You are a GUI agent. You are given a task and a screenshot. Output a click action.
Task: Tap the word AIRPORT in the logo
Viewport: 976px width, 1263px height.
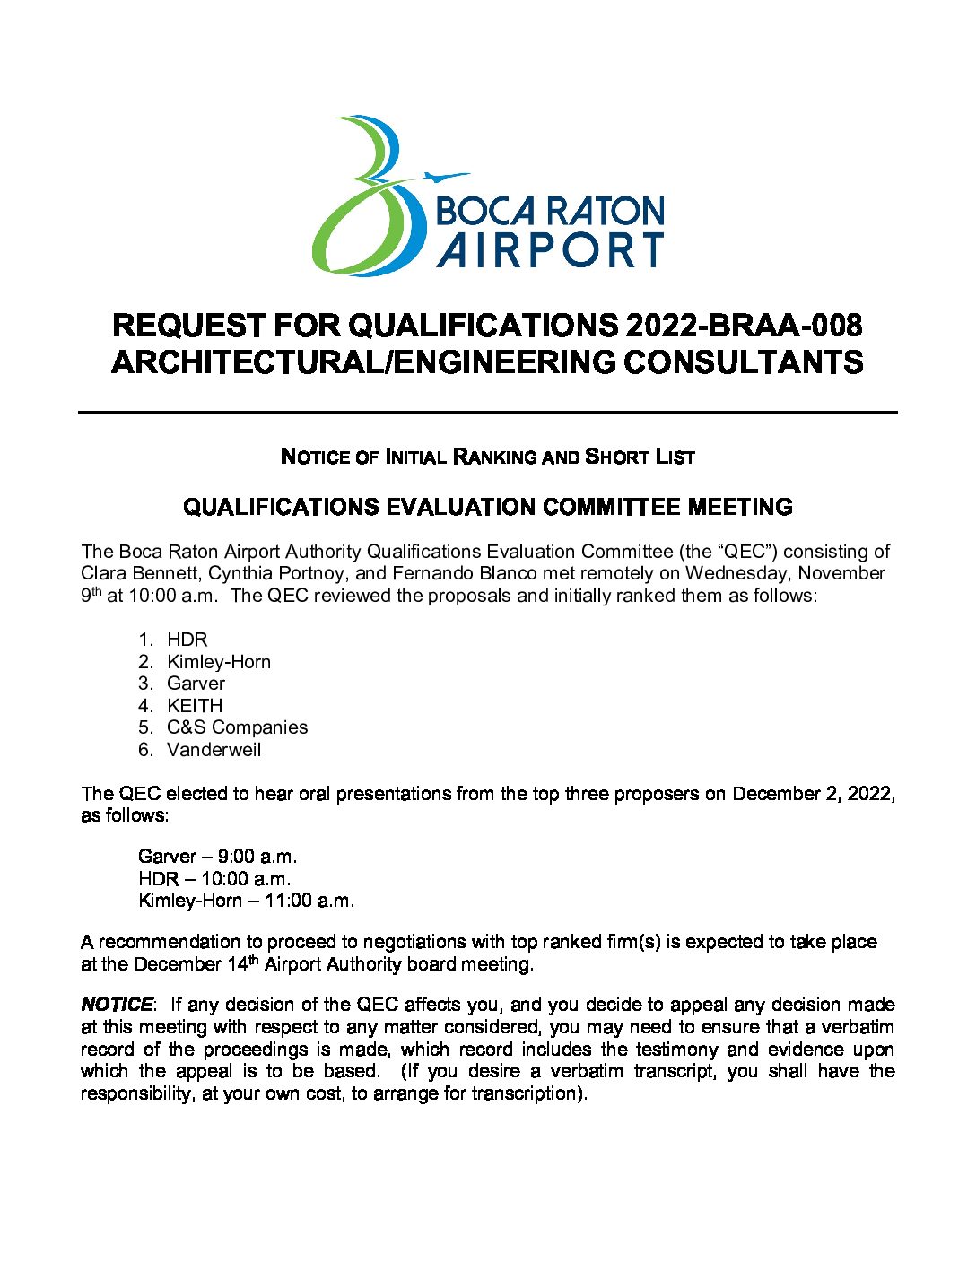tap(551, 249)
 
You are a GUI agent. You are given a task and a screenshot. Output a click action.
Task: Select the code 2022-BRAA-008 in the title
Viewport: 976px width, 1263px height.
tap(744, 326)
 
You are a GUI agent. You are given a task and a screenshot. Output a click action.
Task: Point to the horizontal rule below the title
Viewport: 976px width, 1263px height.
tap(488, 412)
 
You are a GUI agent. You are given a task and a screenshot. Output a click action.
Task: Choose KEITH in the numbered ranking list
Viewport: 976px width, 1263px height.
tap(195, 706)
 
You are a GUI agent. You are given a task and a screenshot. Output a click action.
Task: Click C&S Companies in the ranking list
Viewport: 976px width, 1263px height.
tap(237, 727)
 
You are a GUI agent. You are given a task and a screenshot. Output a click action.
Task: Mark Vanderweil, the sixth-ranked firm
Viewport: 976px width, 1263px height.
tap(214, 750)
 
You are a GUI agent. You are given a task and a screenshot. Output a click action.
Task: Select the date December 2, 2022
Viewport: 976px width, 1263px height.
tap(811, 794)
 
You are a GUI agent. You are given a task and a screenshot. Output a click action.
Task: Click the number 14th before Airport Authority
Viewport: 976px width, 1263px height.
tap(240, 964)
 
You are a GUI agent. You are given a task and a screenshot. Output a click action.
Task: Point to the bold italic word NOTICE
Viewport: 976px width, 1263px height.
tap(117, 1005)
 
